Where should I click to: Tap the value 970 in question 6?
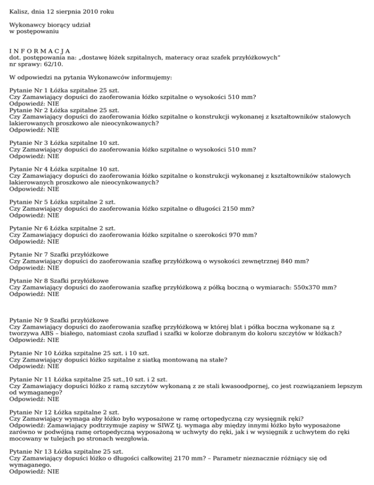pyautogui.click(x=227, y=235)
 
